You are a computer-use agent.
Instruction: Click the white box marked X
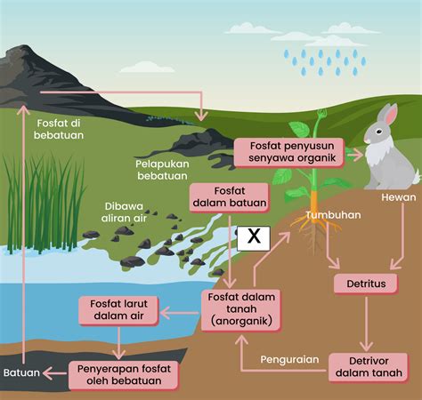pos(254,238)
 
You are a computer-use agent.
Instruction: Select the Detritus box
pos(366,284)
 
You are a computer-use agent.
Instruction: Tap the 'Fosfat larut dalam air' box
pos(118,310)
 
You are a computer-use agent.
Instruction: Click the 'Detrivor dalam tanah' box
pos(369,367)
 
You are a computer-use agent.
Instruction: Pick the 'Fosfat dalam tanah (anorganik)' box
pos(241,309)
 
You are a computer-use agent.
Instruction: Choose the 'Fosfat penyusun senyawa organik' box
pos(289,152)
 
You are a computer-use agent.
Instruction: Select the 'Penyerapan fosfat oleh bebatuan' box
pos(124,375)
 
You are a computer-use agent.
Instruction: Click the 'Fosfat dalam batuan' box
pos(230,197)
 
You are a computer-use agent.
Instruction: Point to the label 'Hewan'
pos(399,197)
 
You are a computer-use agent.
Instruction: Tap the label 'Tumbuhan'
pos(333,215)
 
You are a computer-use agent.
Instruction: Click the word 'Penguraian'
pos(289,359)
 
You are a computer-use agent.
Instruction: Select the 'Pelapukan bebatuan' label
pos(162,170)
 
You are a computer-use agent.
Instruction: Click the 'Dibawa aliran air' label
pos(124,212)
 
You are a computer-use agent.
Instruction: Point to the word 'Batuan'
pos(21,372)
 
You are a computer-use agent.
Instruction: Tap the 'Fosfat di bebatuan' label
pos(59,129)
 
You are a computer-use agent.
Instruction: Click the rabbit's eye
pos(379,131)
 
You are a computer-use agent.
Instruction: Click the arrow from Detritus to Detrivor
pos(366,324)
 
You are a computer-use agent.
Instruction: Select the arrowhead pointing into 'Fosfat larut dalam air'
pos(165,313)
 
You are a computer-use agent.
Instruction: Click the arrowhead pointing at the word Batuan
pos(47,373)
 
